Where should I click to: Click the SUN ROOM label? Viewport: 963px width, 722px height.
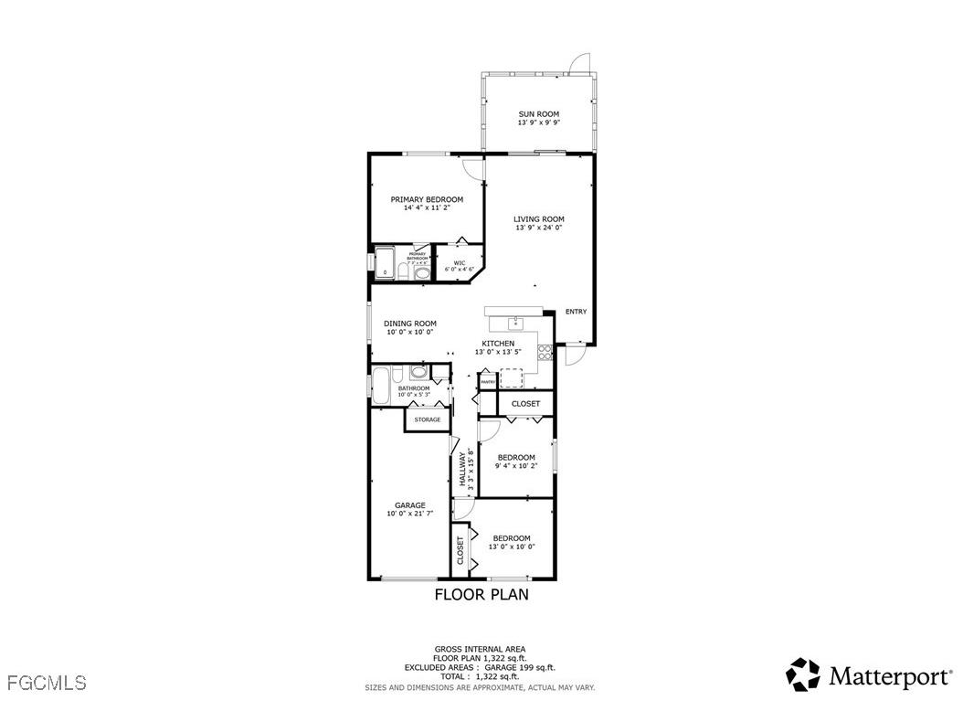[538, 114]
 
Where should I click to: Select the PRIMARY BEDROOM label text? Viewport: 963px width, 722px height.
[427, 199]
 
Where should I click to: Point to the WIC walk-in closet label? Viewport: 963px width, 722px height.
[460, 263]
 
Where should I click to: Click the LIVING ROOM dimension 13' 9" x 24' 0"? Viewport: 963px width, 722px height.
[538, 228]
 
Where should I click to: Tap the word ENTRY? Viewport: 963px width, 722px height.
[576, 312]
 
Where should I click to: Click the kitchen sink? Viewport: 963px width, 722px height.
[516, 323]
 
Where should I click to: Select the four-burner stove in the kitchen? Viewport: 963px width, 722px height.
[545, 353]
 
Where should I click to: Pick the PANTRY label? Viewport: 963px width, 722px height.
[488, 381]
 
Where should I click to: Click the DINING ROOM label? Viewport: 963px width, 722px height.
[409, 324]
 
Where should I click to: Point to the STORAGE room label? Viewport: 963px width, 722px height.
[428, 419]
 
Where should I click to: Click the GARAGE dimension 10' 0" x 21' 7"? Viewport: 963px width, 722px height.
[409, 514]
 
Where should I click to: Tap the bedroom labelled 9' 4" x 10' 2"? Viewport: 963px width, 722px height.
[516, 461]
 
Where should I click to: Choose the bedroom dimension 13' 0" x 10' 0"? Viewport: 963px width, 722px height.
[511, 547]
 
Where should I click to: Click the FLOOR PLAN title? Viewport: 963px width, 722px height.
[481, 594]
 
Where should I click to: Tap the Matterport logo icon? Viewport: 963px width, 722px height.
[803, 674]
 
